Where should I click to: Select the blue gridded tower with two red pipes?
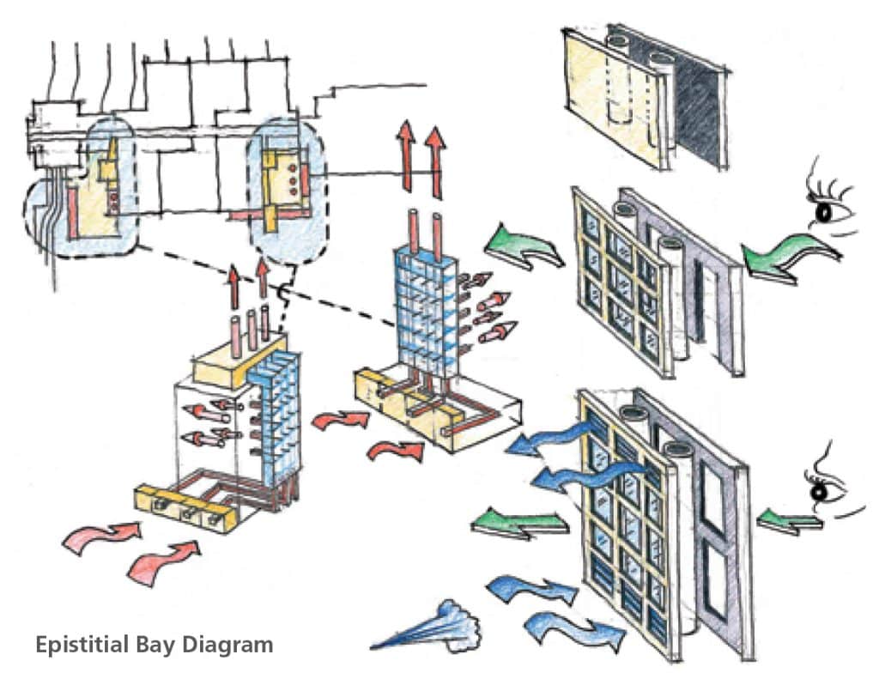point(424,300)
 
